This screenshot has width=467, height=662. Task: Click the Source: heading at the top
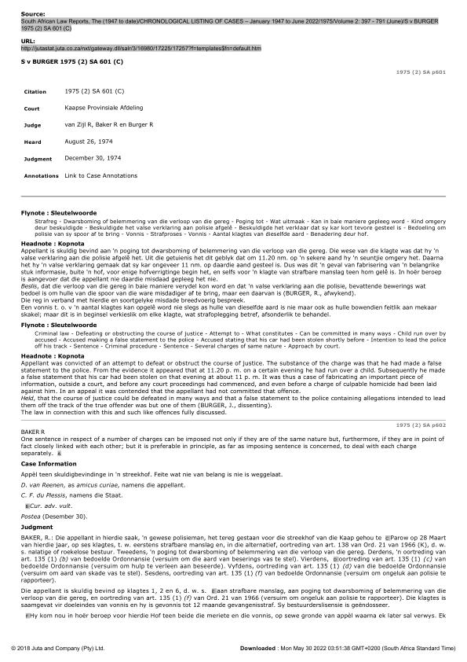(33, 14)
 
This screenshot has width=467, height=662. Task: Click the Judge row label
(33, 124)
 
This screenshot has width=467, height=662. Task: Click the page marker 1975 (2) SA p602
(420, 424)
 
